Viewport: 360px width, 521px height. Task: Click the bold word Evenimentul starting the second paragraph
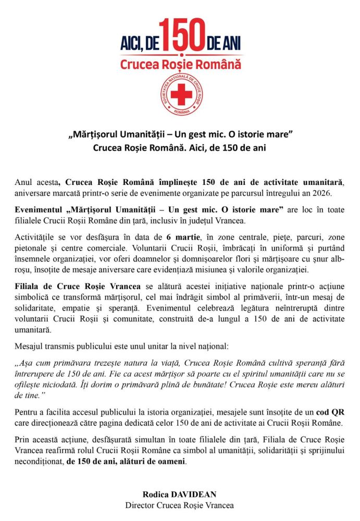pyautogui.click(x=39, y=210)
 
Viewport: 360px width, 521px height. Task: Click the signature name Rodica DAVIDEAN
pyautogui.click(x=180, y=494)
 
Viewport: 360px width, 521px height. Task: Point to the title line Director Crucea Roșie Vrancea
pyautogui.click(x=180, y=505)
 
